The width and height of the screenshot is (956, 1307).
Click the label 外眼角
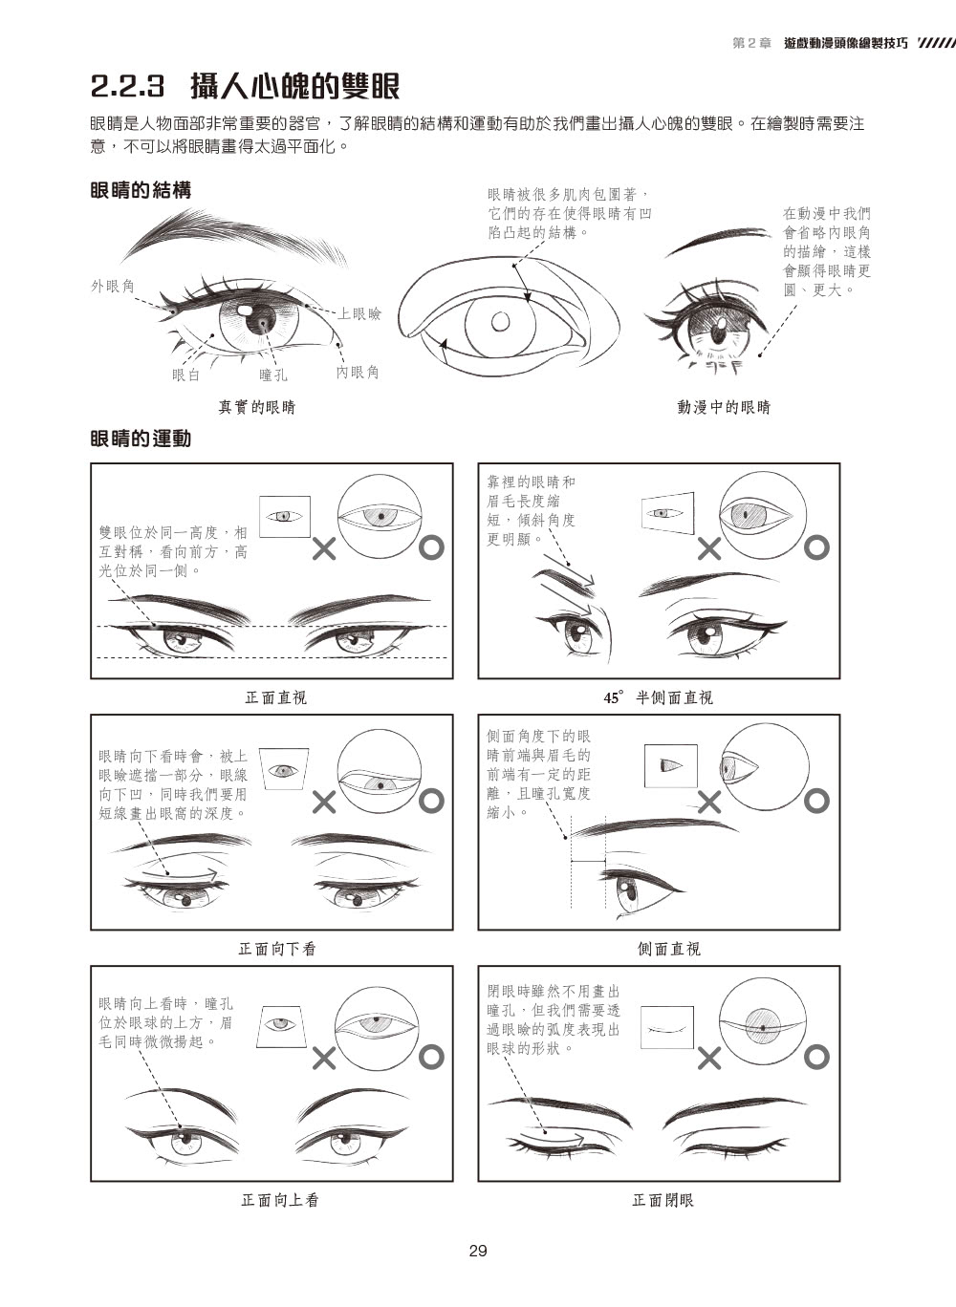[x=113, y=286]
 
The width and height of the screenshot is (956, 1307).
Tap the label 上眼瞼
[x=359, y=314]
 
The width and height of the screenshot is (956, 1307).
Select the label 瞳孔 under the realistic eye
[x=273, y=375]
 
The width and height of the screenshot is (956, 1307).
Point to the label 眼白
[x=186, y=375]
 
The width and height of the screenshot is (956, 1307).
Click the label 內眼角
[x=358, y=373]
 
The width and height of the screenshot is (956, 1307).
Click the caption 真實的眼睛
[x=257, y=407]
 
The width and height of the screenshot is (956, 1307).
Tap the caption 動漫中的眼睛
[x=724, y=407]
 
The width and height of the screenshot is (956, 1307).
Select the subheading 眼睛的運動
[x=141, y=439]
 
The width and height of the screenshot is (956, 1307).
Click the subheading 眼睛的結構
[x=141, y=190]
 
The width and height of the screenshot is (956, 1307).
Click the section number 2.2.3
[x=128, y=86]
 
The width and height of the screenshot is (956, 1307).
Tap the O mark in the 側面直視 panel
[x=816, y=802]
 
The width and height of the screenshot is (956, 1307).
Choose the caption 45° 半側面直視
[x=658, y=697]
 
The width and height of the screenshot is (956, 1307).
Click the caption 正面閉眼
[x=663, y=1200]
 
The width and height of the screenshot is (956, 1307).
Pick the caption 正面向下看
[x=277, y=950]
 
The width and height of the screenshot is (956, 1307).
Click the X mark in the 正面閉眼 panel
[x=709, y=1058]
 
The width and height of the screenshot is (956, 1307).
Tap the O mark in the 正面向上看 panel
[x=431, y=1058]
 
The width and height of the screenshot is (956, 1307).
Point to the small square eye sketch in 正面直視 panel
[x=284, y=516]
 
